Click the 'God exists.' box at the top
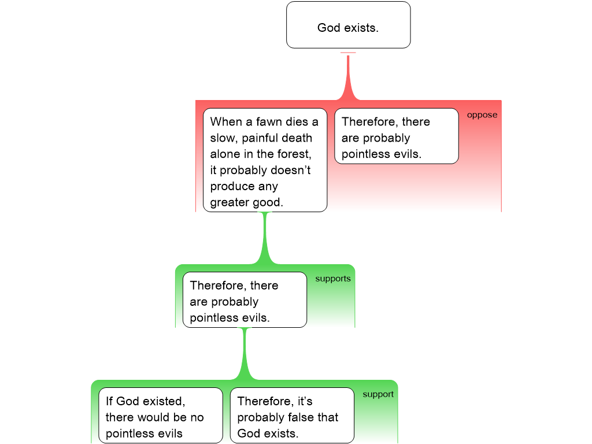pyautogui.click(x=348, y=25)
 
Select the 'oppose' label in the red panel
pyautogui.click(x=482, y=115)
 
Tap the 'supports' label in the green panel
pyautogui.click(x=332, y=279)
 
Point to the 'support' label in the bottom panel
pyautogui.click(x=378, y=394)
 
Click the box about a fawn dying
pyautogui.click(x=265, y=160)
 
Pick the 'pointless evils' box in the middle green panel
pyautogui.click(x=245, y=299)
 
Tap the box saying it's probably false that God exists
pyautogui.click(x=291, y=415)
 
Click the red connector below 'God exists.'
pyautogui.click(x=348, y=78)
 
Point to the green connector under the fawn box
pyautogui.click(x=265, y=240)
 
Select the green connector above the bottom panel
pyautogui.click(x=245, y=354)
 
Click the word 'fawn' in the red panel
pyautogui.click(x=267, y=122)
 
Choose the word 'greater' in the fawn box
pyautogui.click(x=230, y=203)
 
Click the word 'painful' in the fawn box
pyautogui.click(x=261, y=138)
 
